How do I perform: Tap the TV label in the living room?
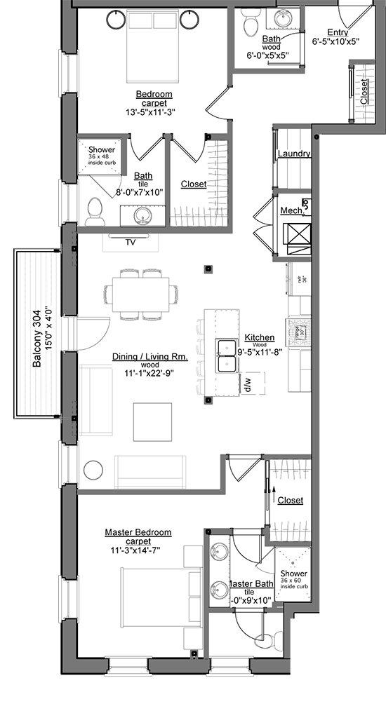click(x=130, y=242)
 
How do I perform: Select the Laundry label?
click(x=294, y=154)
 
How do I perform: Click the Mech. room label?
click(x=291, y=210)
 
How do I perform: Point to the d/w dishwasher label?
click(x=248, y=383)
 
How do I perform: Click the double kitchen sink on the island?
click(x=227, y=356)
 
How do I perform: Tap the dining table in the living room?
click(x=140, y=294)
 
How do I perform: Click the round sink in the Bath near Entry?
click(x=285, y=18)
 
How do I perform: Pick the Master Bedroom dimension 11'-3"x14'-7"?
click(x=138, y=551)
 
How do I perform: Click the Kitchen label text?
click(x=259, y=337)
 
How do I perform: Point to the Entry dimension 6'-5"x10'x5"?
click(x=335, y=41)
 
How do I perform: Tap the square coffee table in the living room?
click(x=152, y=421)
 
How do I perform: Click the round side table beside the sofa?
click(x=93, y=470)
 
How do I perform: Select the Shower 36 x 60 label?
click(x=294, y=578)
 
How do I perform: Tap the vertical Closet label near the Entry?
click(x=363, y=91)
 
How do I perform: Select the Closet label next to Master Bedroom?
click(x=290, y=500)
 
